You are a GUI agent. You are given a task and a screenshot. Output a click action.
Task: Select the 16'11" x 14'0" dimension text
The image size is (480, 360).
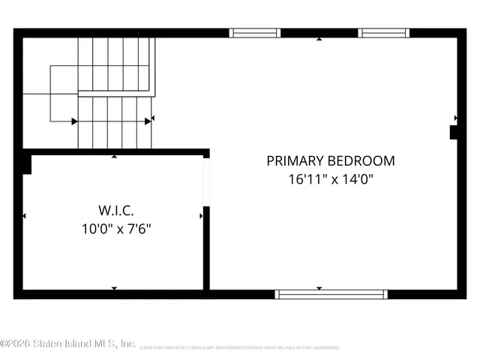(330, 179)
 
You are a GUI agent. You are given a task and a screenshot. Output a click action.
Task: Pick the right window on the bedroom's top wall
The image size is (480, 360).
(383, 33)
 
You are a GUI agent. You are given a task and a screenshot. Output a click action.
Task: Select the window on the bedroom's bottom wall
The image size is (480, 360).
(331, 294)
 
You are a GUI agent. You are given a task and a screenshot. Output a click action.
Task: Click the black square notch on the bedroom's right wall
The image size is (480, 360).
(454, 133)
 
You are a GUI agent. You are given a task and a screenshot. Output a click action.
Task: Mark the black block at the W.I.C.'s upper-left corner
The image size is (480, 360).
(26, 163)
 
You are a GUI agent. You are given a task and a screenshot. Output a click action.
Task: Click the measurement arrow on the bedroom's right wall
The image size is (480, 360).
(456, 118)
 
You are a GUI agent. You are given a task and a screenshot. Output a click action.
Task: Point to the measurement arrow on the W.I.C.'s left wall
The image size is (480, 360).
(24, 216)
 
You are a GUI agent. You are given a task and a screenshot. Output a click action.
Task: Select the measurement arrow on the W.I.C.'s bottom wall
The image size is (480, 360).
(114, 287)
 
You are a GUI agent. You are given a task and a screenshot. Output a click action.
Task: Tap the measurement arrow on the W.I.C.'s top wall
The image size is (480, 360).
(114, 157)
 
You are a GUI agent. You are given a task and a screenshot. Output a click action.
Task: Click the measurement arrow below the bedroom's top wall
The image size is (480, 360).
(319, 39)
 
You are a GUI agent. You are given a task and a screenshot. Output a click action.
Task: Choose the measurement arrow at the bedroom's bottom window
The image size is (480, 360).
(319, 288)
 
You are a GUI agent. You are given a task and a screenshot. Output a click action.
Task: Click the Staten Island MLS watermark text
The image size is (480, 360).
(67, 343)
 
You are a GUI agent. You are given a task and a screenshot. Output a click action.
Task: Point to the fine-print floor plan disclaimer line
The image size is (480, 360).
(240, 348)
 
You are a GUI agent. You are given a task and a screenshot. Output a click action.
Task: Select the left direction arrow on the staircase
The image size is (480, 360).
(74, 121)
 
